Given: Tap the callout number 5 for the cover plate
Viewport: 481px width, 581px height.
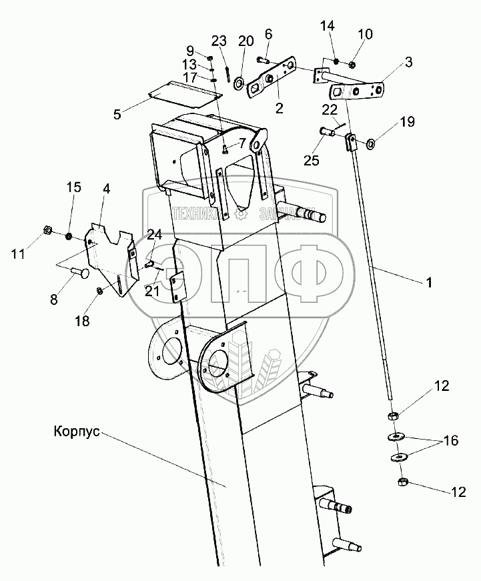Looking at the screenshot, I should click(117, 114).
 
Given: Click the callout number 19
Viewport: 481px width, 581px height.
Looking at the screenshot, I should click(407, 122).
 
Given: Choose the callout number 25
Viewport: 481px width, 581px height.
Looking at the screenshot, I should click(310, 160).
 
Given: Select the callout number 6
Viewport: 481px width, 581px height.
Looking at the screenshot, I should click(268, 34).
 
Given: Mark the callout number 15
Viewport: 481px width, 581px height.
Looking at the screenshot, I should click(73, 187).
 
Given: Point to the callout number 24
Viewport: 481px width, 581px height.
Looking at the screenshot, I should click(154, 234).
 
